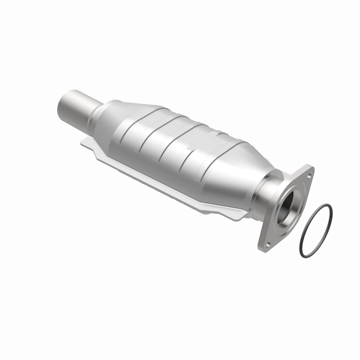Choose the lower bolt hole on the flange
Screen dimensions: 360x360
[267, 244]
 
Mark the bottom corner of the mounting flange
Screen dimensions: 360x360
[264, 248]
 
